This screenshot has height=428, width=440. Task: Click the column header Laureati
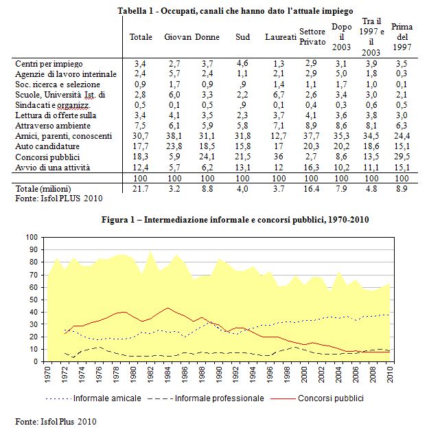tap(281, 37)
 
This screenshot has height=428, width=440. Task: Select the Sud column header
tap(243, 37)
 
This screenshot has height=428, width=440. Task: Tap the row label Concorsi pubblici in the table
tap(47, 157)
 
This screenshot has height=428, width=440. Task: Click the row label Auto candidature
tap(47, 146)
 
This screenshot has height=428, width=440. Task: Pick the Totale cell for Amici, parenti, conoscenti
tap(140, 136)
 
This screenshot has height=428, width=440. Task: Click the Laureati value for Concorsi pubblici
tap(279, 157)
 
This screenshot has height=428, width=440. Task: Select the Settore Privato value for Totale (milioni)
tap(312, 189)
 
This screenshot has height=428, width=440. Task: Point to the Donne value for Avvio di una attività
tap(207, 168)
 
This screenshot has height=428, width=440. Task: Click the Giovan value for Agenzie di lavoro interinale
tap(174, 74)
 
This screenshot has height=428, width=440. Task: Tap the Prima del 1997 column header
tap(402, 37)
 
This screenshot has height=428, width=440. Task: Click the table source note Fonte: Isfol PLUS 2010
tap(59, 199)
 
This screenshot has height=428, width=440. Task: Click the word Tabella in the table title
tap(128, 11)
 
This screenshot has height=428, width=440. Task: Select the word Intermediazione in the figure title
tap(175, 220)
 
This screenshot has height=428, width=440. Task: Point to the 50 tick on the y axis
tap(34, 300)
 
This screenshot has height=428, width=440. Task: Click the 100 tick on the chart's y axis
tap(32, 237)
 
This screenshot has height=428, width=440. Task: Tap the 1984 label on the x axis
tap(167, 374)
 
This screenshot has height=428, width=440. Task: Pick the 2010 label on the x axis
tap(390, 374)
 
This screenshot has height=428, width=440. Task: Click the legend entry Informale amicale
tap(93, 398)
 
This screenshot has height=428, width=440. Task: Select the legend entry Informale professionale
tap(206, 398)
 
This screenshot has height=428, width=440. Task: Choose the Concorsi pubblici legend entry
tap(317, 398)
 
